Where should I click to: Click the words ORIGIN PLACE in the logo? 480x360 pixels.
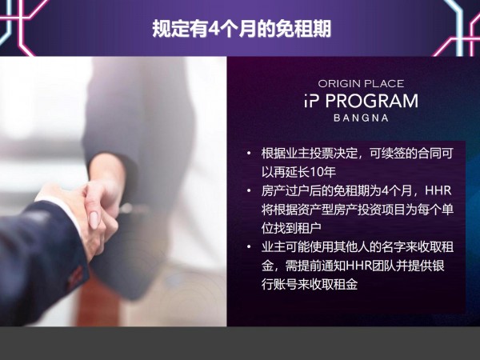click(x=361, y=83)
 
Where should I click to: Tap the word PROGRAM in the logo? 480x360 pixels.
click(x=372, y=101)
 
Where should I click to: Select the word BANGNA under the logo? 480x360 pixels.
click(x=361, y=118)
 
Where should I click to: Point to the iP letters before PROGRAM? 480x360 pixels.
click(x=312, y=101)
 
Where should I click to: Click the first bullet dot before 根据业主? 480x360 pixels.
click(x=249, y=153)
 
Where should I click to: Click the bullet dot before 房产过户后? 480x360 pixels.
click(x=249, y=190)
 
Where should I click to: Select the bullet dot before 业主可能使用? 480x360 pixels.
click(x=249, y=246)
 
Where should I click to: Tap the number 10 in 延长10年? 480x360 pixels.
click(x=317, y=172)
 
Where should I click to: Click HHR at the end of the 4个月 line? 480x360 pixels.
click(x=438, y=190)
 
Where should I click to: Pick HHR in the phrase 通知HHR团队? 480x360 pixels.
click(x=358, y=266)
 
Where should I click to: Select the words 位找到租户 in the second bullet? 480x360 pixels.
click(x=291, y=228)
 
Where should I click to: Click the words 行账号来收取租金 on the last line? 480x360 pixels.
click(x=310, y=284)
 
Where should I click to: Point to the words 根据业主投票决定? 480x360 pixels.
click(x=310, y=153)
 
